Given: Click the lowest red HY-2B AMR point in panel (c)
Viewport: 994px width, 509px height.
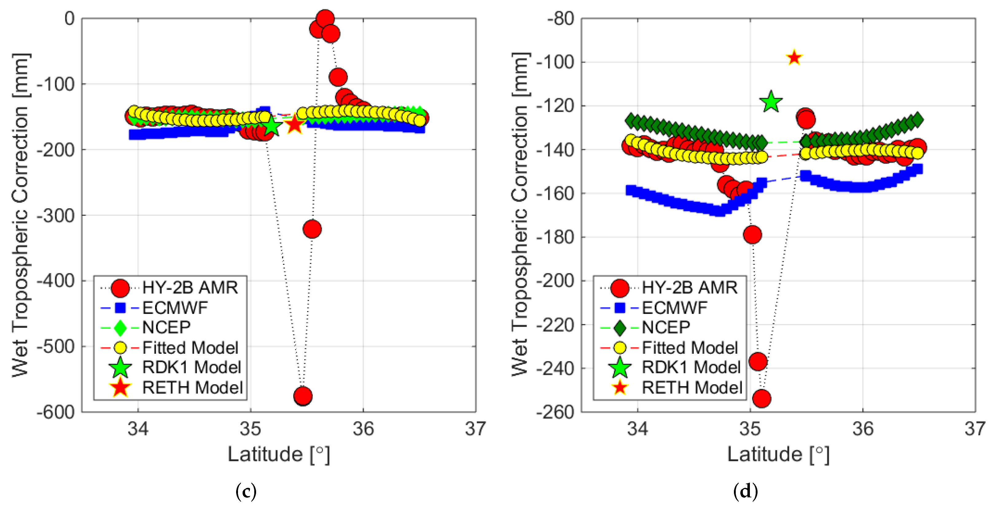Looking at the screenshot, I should pyautogui.click(x=302, y=395).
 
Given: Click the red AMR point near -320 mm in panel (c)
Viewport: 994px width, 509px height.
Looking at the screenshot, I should pyautogui.click(x=312, y=229).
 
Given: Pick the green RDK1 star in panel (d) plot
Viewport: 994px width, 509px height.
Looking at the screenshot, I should pyautogui.click(x=770, y=102).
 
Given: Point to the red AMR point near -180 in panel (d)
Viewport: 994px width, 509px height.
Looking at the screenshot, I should pyautogui.click(x=752, y=234).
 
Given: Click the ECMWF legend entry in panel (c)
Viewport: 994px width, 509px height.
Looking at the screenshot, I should pyautogui.click(x=175, y=308).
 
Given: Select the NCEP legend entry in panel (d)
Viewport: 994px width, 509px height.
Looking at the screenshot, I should pyautogui.click(x=666, y=327).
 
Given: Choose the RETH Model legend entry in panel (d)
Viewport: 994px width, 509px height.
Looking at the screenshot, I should pyautogui.click(x=692, y=387).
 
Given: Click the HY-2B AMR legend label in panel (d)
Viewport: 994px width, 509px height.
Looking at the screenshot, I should pyautogui.click(x=689, y=287).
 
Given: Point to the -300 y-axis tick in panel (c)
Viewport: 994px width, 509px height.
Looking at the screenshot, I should pyautogui.click(x=56, y=215).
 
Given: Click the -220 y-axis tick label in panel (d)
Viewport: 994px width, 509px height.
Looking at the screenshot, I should pyautogui.click(x=555, y=325).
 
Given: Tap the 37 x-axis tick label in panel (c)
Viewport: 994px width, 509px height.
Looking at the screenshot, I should pyautogui.click(x=475, y=428).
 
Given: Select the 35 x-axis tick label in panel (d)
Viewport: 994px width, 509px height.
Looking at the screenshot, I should pyautogui.click(x=750, y=428).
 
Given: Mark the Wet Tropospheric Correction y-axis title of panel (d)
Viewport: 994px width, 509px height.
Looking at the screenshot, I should pyautogui.click(x=520, y=214).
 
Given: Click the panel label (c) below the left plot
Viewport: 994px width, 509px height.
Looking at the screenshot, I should pyautogui.click(x=246, y=491).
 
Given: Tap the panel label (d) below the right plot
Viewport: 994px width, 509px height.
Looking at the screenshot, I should pyautogui.click(x=745, y=491).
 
